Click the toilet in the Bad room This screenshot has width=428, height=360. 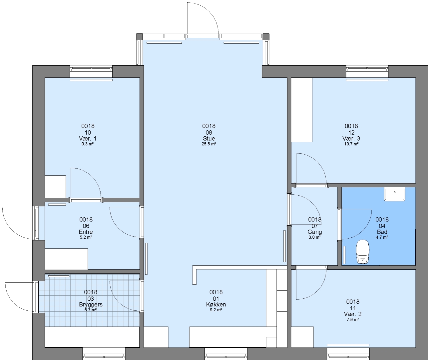pyautogui.click(x=363, y=251)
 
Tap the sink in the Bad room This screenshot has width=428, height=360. pyautogui.click(x=395, y=194)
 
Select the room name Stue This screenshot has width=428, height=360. pyautogui.click(x=209, y=138)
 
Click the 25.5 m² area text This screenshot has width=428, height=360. pyautogui.click(x=209, y=144)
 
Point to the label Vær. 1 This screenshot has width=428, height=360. pyautogui.click(x=88, y=138)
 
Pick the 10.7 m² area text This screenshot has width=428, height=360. pyautogui.click(x=351, y=144)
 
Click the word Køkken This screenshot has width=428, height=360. pyautogui.click(x=216, y=304)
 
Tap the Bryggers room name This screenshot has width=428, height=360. pyautogui.click(x=91, y=304)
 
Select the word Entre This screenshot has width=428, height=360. pyautogui.click(x=86, y=232)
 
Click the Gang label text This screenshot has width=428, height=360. pyautogui.click(x=315, y=232)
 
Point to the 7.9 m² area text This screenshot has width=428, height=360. pyautogui.click(x=353, y=320)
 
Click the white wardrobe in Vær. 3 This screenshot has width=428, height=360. pyautogui.click(x=302, y=110)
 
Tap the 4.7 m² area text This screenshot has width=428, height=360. pyautogui.click(x=382, y=237)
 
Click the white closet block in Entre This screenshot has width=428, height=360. pyautogui.click(x=66, y=259)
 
